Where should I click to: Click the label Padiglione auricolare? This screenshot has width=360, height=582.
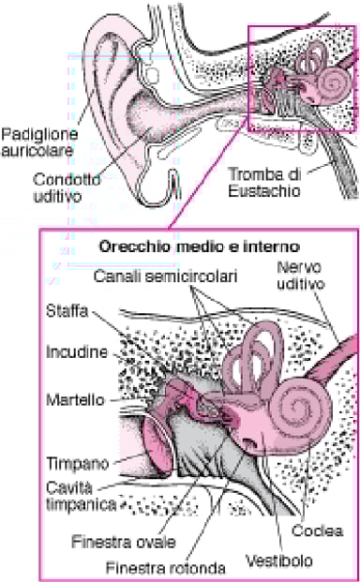(38, 141)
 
